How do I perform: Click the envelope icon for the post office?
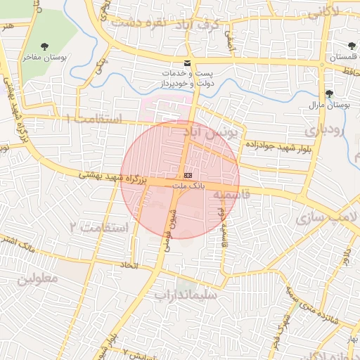(x=187, y=63)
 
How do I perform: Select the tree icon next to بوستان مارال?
(x=329, y=94)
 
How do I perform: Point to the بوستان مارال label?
(x=329, y=105)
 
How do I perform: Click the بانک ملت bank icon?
(x=188, y=174)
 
